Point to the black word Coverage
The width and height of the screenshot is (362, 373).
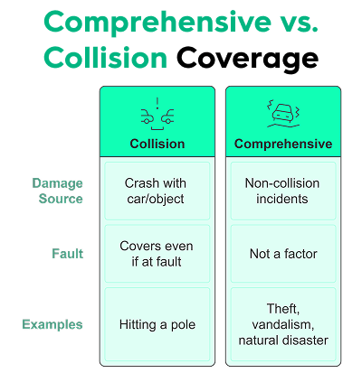[247, 59]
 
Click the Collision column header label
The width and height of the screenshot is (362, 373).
[157, 144]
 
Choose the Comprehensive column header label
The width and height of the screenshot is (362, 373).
[282, 144]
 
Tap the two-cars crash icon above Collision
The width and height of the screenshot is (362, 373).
[157, 113]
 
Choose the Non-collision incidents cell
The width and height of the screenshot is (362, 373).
[282, 191]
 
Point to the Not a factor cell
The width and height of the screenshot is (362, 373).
[282, 254]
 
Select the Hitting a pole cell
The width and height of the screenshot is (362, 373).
[157, 323]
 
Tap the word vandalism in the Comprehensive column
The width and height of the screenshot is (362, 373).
[282, 323]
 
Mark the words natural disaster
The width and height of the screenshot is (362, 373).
[282, 340]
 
